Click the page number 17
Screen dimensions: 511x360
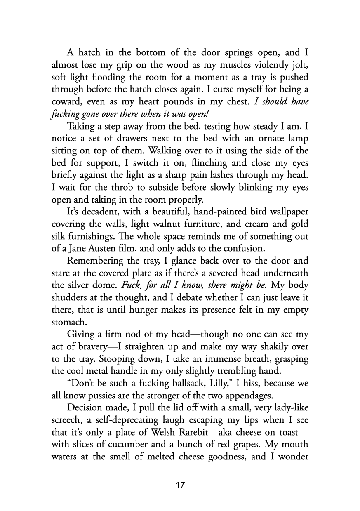(180, 485)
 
